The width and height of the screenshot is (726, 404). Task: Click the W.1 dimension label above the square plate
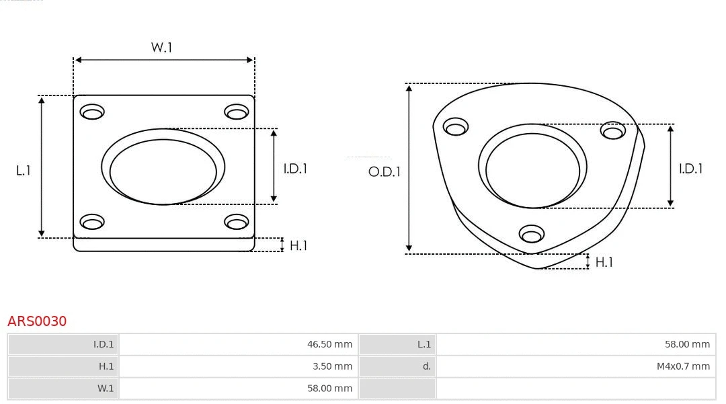click(x=162, y=47)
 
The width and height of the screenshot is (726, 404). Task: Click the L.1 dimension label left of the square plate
click(x=24, y=171)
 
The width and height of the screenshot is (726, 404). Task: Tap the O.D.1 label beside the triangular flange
click(x=384, y=172)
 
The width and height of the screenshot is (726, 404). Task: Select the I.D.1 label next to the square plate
click(x=295, y=169)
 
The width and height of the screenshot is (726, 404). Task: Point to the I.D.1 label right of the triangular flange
click(x=690, y=169)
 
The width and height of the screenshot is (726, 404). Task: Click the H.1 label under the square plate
click(x=298, y=245)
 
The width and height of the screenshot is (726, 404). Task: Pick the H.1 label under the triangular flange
click(x=604, y=262)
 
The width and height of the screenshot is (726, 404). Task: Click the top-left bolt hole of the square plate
click(x=92, y=112)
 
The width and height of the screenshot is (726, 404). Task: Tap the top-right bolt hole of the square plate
click(x=237, y=112)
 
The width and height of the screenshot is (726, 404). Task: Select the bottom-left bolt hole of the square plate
click(x=92, y=221)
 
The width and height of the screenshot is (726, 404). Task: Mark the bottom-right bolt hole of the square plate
click(x=237, y=221)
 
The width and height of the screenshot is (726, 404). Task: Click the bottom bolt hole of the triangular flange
click(x=532, y=234)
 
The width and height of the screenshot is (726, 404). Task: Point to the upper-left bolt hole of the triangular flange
click(x=456, y=127)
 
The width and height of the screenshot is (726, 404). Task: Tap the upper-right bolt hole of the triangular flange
click(x=613, y=130)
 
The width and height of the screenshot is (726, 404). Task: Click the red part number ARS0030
click(x=37, y=321)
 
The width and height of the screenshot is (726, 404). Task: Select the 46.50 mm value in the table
click(x=329, y=344)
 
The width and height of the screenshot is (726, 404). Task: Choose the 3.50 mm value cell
click(x=332, y=366)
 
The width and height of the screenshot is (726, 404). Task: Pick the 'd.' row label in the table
click(x=426, y=366)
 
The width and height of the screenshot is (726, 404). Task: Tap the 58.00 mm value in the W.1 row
click(x=329, y=389)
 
